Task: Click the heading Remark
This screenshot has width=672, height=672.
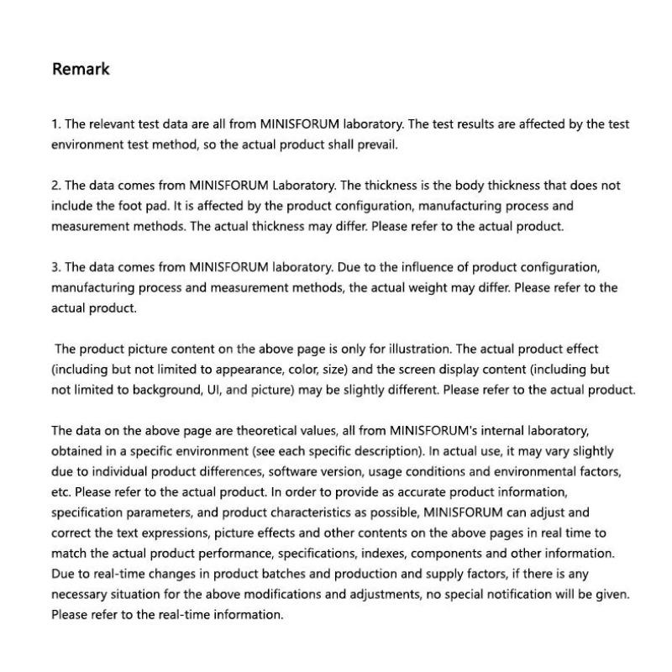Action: point(81,69)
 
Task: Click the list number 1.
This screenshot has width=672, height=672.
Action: point(55,124)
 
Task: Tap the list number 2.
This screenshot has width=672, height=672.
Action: point(56,186)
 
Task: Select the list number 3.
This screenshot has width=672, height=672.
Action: point(56,267)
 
